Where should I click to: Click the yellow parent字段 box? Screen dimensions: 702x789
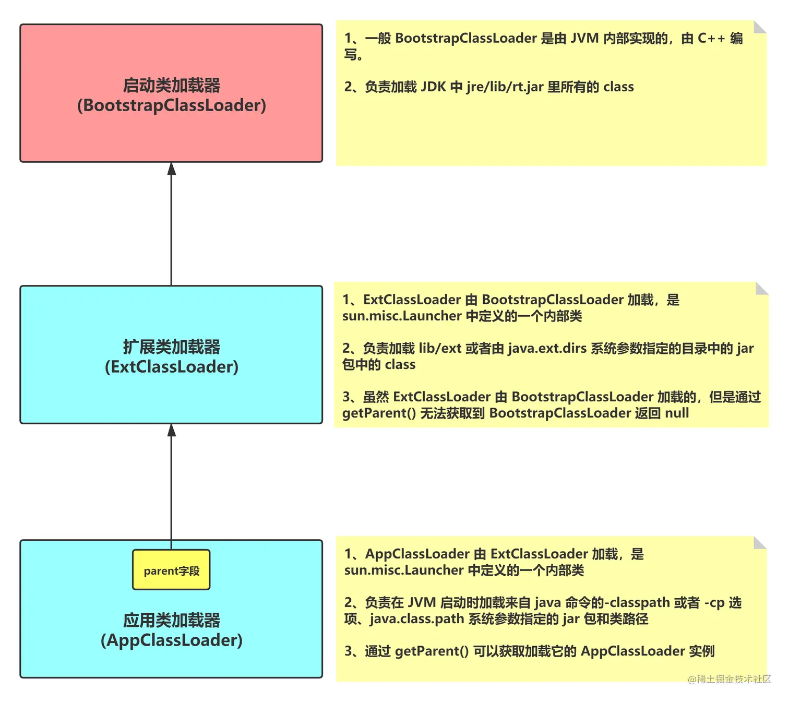[x=171, y=570]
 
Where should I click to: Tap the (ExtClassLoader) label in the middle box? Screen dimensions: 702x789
[x=171, y=367]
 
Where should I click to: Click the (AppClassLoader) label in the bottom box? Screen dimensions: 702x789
[x=171, y=640]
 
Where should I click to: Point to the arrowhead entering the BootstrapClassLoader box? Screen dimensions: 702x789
[x=171, y=169]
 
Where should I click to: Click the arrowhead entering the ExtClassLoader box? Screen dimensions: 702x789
[x=171, y=430]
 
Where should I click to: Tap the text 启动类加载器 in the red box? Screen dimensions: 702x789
[x=171, y=85]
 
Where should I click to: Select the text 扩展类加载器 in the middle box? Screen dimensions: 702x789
[x=171, y=347]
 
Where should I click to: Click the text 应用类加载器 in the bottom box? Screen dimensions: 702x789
[x=171, y=620]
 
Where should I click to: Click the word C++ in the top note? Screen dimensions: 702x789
[x=711, y=38]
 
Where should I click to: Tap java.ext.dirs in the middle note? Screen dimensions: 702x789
[x=547, y=348]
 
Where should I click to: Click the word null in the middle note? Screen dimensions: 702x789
[x=677, y=413]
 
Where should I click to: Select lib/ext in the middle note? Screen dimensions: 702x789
[x=440, y=348]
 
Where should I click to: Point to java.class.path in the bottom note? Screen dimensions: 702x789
[x=417, y=619]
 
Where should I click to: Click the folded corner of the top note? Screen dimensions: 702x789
[x=760, y=27]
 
